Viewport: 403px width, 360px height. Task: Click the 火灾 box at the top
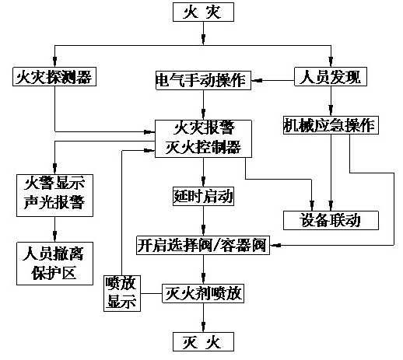203,12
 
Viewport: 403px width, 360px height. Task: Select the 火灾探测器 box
54,77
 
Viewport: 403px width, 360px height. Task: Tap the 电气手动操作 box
203,80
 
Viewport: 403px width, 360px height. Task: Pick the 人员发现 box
331,77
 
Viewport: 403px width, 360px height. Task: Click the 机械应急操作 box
331,125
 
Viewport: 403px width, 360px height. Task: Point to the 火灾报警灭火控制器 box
203,138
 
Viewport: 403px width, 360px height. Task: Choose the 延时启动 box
203,196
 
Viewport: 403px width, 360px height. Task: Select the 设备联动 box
331,220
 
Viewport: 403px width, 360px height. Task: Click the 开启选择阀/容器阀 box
203,245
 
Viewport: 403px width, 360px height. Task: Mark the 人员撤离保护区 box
54,264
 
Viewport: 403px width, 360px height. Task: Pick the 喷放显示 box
122,293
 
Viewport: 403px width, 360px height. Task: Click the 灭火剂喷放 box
203,293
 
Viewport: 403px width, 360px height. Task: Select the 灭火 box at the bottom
203,341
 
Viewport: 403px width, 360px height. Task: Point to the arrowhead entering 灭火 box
203,327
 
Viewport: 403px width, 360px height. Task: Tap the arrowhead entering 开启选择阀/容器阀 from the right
274,245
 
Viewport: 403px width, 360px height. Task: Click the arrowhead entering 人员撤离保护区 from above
54,237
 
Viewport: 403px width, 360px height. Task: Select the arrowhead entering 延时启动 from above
203,181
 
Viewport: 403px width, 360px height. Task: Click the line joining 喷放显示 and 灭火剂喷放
152,293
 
